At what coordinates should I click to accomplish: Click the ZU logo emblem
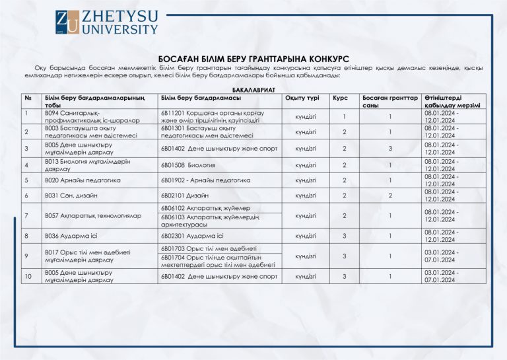tap(67, 22)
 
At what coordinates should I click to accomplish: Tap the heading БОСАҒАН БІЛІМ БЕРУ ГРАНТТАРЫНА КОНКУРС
tap(253, 59)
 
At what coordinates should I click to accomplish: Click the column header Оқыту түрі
tap(302, 98)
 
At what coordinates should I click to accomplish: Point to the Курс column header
tap(340, 98)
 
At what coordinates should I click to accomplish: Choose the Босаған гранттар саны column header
tap(389, 102)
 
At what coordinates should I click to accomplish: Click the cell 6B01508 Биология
tap(188, 164)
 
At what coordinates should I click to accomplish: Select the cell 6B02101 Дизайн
tap(185, 196)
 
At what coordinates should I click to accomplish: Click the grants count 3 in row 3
tap(390, 149)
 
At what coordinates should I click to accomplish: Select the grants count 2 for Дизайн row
tap(390, 196)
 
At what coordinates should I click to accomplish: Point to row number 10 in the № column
tap(26, 276)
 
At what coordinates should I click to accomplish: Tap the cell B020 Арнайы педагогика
tap(83, 180)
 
